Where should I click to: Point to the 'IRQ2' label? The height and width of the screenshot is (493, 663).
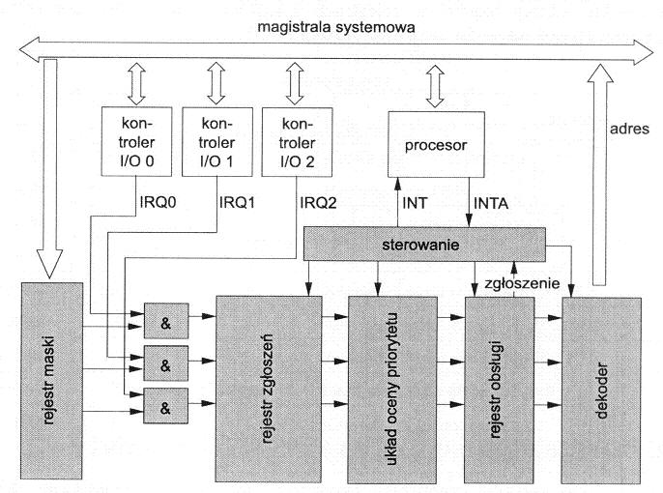click(312, 207)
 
